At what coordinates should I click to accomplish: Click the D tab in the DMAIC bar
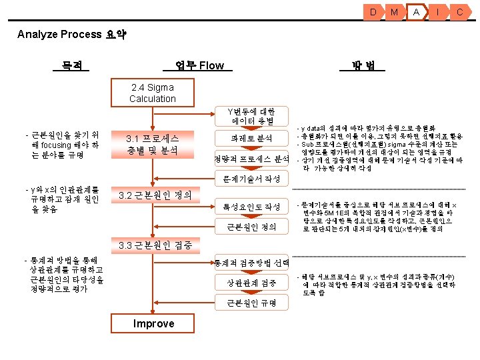click(373, 12)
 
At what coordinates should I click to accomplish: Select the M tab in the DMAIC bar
click(395, 12)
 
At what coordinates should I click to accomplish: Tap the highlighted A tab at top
click(416, 12)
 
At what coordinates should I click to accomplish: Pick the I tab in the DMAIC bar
click(438, 12)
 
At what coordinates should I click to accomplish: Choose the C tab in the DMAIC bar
click(459, 12)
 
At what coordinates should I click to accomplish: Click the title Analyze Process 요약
click(72, 34)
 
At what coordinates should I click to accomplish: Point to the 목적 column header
click(71, 65)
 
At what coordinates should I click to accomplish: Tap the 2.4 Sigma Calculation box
click(153, 93)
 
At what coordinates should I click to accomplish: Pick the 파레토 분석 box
click(251, 138)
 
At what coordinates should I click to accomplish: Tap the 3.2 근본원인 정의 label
click(154, 195)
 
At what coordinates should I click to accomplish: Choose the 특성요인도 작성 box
click(251, 207)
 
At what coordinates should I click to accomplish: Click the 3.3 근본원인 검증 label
click(155, 245)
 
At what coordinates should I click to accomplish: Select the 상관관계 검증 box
click(251, 283)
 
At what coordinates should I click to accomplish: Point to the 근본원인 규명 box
click(251, 303)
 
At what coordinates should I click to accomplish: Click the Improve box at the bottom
click(154, 324)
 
